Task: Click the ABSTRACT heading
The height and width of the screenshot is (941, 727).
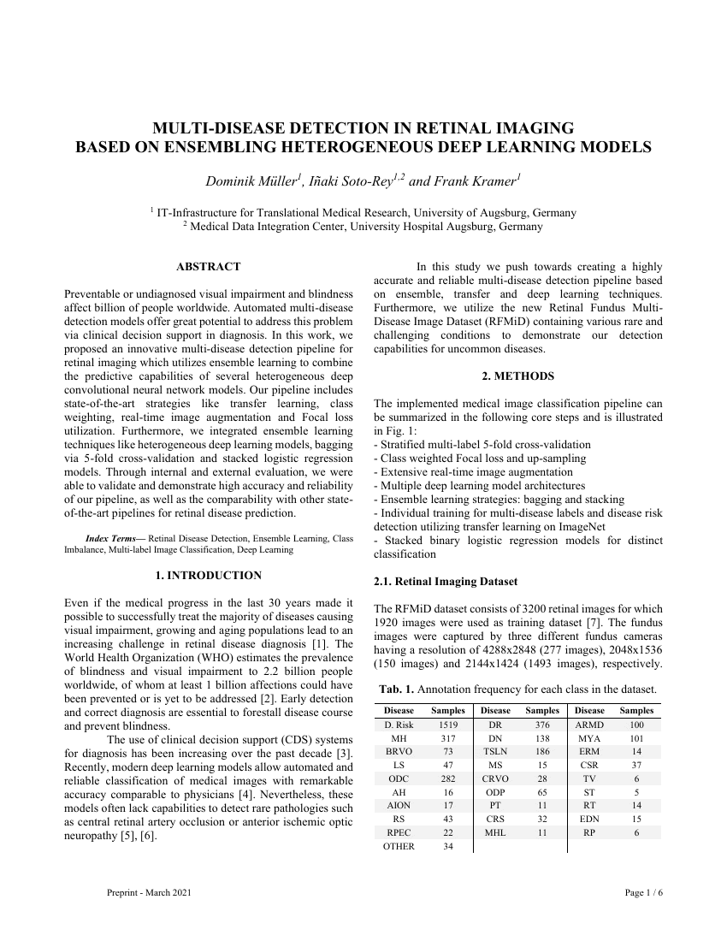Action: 208,267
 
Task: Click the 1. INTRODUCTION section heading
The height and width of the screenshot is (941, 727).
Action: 208,575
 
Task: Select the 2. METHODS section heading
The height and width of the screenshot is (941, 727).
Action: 517,376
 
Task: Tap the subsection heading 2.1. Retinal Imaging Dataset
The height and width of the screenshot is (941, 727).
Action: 446,582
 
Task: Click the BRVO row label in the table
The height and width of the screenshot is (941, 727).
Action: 399,751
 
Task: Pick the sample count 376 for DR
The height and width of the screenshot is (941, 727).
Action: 541,725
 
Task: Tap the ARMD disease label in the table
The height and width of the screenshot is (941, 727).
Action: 589,725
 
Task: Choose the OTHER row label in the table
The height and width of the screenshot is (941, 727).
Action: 399,847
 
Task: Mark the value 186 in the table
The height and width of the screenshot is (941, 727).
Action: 541,751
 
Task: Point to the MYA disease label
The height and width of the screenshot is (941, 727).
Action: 589,737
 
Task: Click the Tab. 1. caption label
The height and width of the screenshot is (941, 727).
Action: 395,689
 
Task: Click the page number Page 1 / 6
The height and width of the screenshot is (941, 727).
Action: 644,893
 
